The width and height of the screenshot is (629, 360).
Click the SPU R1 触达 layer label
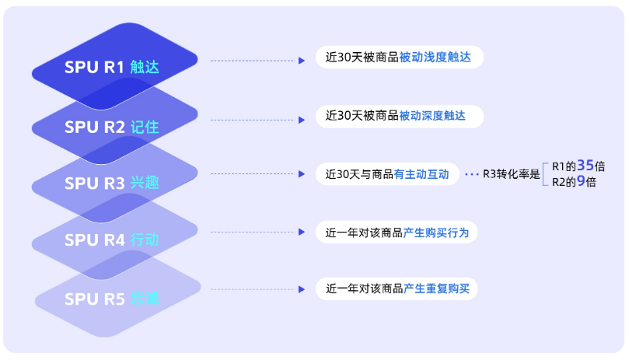pos(112,68)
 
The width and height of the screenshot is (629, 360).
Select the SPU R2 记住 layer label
pos(112,127)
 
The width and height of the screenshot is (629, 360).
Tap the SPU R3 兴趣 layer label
pos(112,183)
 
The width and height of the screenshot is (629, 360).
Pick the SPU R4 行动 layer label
pos(112,240)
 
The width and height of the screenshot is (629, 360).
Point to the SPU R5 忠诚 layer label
pos(112,299)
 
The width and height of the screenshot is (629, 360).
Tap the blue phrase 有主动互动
pos(421,174)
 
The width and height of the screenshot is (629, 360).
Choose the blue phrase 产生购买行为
pos(435,232)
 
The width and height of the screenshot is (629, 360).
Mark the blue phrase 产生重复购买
pos(436,289)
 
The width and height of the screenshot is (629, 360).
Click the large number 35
pos(586,165)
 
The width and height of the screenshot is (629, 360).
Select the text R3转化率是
pos(511,174)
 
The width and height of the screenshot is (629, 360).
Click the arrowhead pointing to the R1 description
pos(302,60)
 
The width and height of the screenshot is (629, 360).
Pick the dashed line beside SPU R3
pos(253,174)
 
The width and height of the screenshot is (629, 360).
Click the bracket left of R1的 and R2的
pos(546,174)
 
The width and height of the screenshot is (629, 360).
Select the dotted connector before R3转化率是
pos(472,174)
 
